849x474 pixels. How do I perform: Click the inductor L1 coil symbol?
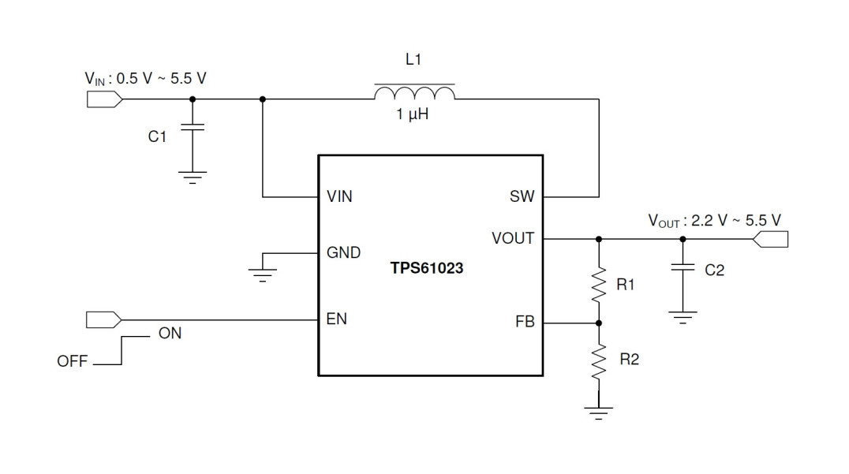pos(414,93)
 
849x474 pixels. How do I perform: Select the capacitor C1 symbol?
pos(192,129)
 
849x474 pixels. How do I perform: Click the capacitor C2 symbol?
pos(683,268)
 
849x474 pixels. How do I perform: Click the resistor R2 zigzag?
pos(599,362)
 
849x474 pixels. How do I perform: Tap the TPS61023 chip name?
pos(427,268)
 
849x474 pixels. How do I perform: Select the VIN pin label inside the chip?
pos(339,197)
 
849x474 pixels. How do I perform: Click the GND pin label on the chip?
pos(343,253)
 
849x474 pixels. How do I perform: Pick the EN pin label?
pos(336,319)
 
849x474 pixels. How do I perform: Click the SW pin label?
pos(522,197)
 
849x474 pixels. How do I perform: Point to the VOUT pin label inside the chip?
pos(512,238)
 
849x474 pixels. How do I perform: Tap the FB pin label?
pos(525,323)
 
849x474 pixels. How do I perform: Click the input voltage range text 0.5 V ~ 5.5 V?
pos(162,79)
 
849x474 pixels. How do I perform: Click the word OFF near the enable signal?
pos(73,363)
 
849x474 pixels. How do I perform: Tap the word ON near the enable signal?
pos(170,334)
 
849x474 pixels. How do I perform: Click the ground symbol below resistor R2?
pos(599,412)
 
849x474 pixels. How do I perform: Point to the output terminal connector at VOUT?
pos(771,239)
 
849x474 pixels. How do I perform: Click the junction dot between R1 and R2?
pos(599,323)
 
